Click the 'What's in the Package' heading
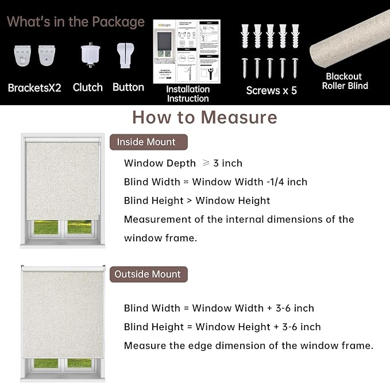point(76,22)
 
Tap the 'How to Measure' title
point(204,117)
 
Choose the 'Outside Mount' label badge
point(147,274)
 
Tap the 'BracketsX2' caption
point(34,88)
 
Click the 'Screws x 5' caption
point(271,90)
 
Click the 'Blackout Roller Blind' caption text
point(344,81)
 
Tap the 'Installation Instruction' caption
point(188,94)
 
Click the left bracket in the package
point(22,56)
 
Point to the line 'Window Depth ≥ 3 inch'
point(183,163)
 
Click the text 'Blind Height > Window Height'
point(197,200)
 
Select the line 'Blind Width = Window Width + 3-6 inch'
point(219,308)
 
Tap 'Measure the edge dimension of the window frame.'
point(248,345)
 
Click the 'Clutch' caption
point(88,87)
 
